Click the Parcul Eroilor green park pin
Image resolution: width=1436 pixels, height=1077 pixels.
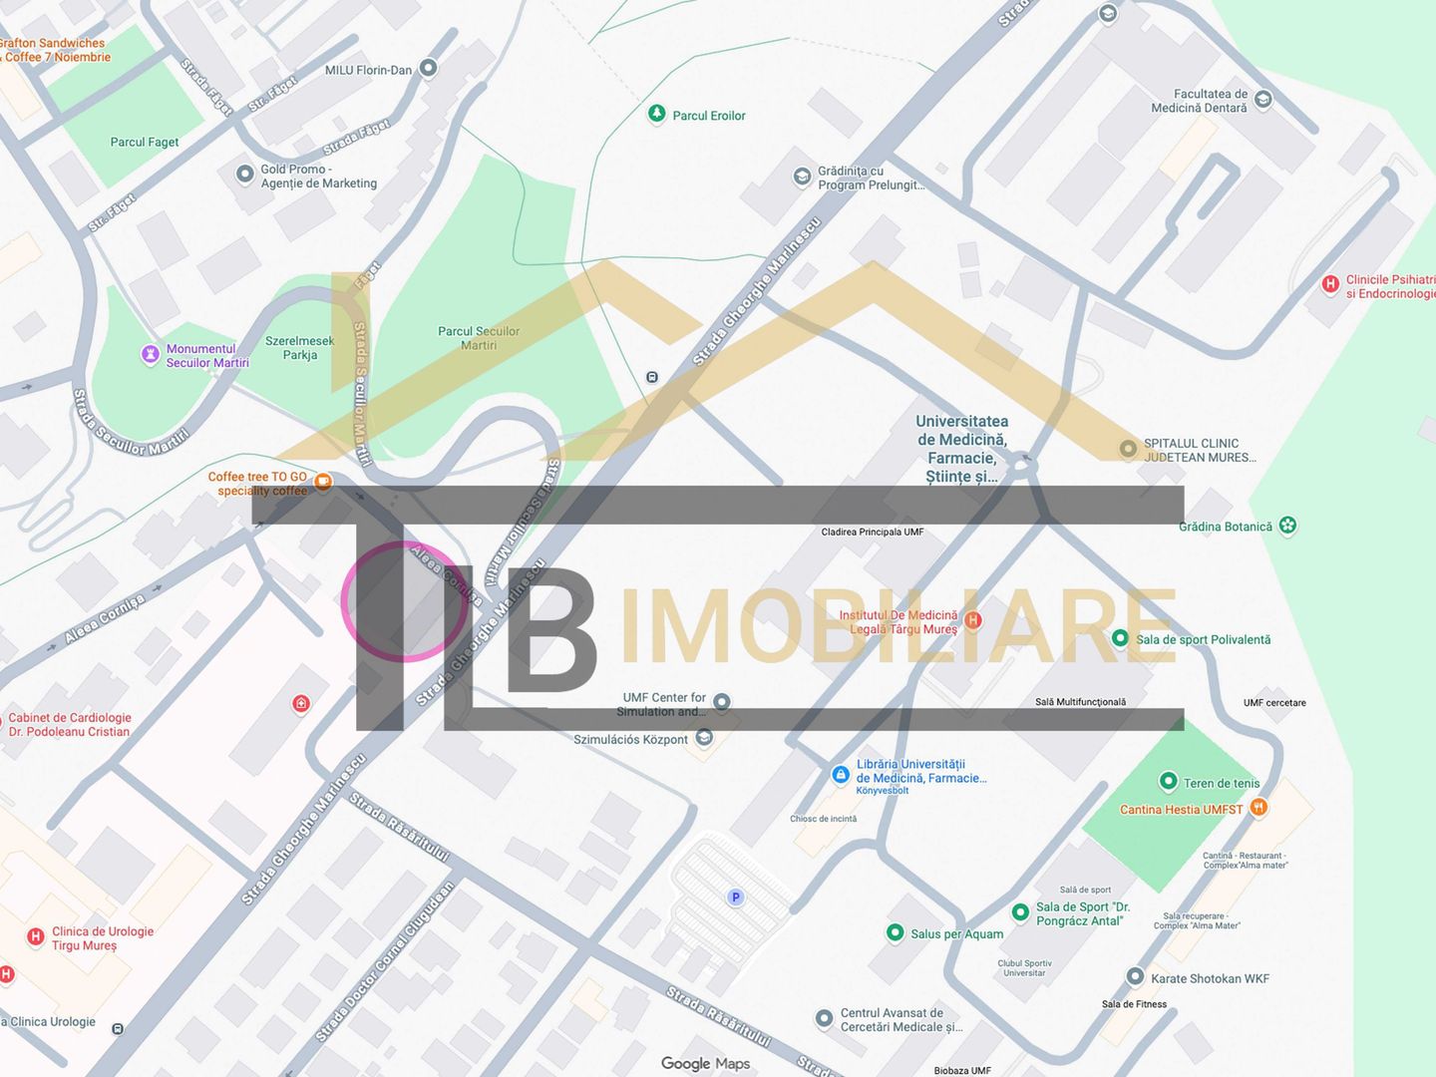[656, 114]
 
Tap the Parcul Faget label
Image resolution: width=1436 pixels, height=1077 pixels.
[145, 143]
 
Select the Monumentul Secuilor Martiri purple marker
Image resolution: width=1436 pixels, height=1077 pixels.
[151, 354]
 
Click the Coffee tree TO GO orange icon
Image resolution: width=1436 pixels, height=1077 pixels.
[323, 483]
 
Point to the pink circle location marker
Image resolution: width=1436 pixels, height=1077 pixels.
[403, 601]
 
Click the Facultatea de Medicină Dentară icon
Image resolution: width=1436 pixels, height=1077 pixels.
[1263, 99]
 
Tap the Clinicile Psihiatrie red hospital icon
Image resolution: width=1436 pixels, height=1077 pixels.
[1329, 284]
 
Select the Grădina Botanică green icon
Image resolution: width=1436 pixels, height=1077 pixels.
[1288, 526]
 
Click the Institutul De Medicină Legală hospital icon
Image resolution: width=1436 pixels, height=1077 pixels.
[974, 620]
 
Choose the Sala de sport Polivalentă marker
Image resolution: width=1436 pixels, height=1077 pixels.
[1120, 638]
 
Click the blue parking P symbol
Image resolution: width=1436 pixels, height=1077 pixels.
[736, 897]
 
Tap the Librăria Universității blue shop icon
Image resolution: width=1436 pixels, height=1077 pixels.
[841, 775]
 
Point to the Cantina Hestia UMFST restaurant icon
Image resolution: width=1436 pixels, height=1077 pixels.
[1259, 808]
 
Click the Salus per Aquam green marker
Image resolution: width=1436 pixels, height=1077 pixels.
[896, 933]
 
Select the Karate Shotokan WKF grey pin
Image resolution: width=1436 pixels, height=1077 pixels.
[1135, 977]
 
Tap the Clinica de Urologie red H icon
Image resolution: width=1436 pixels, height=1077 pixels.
[35, 936]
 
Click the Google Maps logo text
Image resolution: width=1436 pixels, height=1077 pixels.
[705, 1064]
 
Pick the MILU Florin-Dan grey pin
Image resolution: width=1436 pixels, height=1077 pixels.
[429, 68]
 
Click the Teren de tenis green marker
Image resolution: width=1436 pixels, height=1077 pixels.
[1168, 782]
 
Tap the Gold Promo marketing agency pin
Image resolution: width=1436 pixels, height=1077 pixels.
[245, 175]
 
